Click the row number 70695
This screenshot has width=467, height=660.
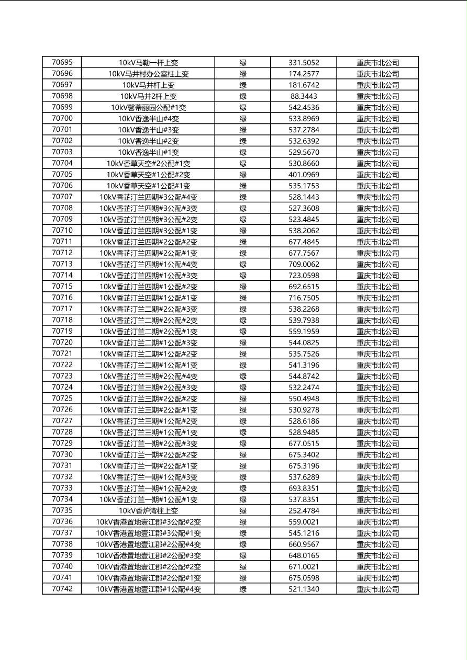click(x=62, y=62)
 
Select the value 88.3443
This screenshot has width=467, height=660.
click(x=304, y=96)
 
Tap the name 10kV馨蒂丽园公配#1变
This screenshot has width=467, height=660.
click(x=148, y=107)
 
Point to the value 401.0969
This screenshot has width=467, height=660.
click(x=304, y=175)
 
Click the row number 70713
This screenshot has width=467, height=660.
click(x=62, y=264)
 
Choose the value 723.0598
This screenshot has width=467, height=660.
click(x=304, y=276)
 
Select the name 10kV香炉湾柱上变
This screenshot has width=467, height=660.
click(x=148, y=511)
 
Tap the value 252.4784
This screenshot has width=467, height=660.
click(x=304, y=511)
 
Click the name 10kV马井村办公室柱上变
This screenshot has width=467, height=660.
click(x=148, y=74)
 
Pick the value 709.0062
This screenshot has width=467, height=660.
click(x=304, y=264)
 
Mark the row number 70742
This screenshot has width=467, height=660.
click(x=62, y=589)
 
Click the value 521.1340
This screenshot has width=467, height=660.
click(x=304, y=589)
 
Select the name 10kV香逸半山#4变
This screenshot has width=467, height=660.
click(x=148, y=119)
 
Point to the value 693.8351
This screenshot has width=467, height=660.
click(x=304, y=488)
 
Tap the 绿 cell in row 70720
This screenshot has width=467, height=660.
click(x=243, y=343)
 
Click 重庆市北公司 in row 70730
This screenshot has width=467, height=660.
click(x=377, y=455)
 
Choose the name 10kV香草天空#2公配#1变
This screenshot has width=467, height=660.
click(x=148, y=163)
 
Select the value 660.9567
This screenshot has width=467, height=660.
click(x=304, y=544)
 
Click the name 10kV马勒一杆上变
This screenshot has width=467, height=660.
click(x=148, y=63)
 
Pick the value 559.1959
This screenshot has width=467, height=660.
click(x=304, y=332)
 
